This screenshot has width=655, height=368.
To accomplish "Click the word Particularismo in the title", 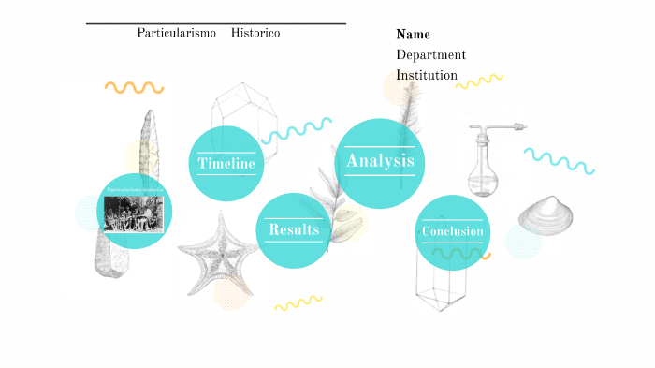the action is [x=177, y=33].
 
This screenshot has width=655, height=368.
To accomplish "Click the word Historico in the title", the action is [x=255, y=33].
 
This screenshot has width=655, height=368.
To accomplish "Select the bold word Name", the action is [x=413, y=35].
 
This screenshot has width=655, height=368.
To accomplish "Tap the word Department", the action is [x=430, y=54].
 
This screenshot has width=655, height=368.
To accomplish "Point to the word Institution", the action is [x=427, y=75].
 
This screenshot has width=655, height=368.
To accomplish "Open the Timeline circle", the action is [x=226, y=164].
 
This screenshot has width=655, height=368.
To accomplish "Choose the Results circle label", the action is [x=294, y=229].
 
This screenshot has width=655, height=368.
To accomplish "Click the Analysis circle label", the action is [x=380, y=161].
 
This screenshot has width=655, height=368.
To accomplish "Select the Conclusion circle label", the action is [x=453, y=232].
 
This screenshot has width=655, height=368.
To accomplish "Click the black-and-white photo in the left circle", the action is [x=134, y=213].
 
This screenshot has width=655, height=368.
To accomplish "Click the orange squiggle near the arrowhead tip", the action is [x=134, y=87].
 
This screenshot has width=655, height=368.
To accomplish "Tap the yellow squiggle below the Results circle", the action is [x=298, y=302].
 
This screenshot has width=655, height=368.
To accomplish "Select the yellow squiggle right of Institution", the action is [x=479, y=82].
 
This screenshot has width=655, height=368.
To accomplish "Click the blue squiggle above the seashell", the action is [x=560, y=160].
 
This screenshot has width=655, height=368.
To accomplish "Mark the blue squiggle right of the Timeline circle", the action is [x=297, y=130].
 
